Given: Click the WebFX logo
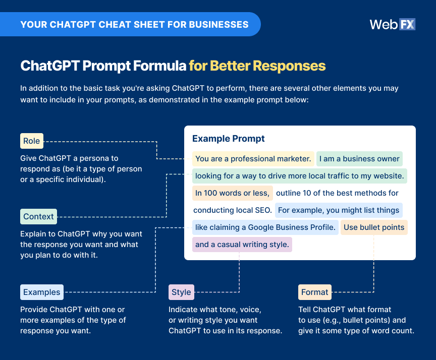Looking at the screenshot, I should click(x=392, y=24).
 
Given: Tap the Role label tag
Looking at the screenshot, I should click(x=31, y=141).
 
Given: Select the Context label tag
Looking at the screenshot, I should click(x=38, y=216).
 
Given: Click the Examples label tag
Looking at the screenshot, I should click(x=42, y=292).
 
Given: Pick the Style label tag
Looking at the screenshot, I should click(x=181, y=292).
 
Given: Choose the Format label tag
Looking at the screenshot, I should click(x=314, y=292).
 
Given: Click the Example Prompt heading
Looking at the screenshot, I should click(x=229, y=139).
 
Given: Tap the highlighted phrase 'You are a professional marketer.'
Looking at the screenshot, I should click(x=253, y=159).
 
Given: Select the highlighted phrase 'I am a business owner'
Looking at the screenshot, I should click(x=359, y=159).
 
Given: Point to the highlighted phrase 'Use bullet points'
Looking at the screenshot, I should click(x=374, y=227).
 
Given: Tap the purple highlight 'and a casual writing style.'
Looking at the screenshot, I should click(x=242, y=245).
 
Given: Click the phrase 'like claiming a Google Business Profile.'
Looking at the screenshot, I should click(x=265, y=227).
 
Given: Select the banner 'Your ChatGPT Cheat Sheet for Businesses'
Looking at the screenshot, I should click(x=134, y=24).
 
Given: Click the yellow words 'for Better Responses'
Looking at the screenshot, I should click(x=257, y=66).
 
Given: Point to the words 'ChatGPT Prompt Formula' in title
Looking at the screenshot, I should click(x=103, y=66).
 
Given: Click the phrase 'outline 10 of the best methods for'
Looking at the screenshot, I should click(x=337, y=193).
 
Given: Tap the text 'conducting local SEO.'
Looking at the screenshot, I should click(x=233, y=210).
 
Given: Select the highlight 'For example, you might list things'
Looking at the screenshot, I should click(x=339, y=210).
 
